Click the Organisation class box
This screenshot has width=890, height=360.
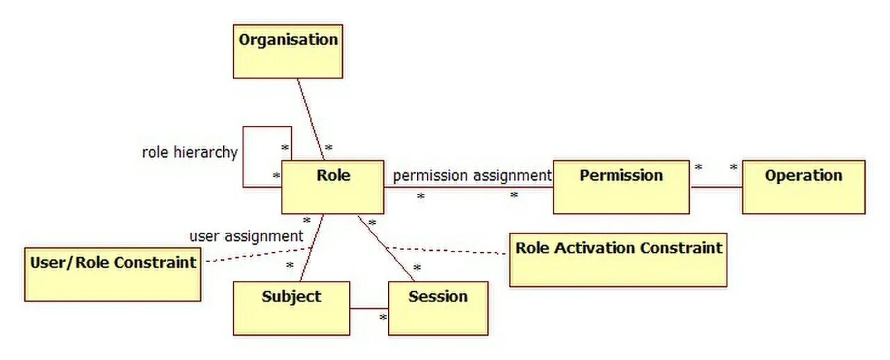(x=288, y=51)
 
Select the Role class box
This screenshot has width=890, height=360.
(x=332, y=187)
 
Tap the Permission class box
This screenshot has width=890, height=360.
(x=621, y=187)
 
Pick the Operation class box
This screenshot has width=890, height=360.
(x=803, y=187)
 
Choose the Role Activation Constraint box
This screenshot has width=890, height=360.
(x=618, y=260)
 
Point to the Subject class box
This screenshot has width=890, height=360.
(x=291, y=308)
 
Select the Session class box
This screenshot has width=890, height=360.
(x=437, y=308)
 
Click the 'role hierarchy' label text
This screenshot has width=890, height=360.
(x=189, y=152)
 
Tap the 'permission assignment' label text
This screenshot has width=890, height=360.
(x=471, y=176)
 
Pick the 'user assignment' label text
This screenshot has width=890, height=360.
(x=246, y=236)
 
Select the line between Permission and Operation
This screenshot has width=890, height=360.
(x=716, y=186)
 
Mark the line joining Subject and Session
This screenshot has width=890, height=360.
(x=369, y=308)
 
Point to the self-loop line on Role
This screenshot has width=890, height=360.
(x=243, y=156)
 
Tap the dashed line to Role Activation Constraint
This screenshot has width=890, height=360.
(x=445, y=250)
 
